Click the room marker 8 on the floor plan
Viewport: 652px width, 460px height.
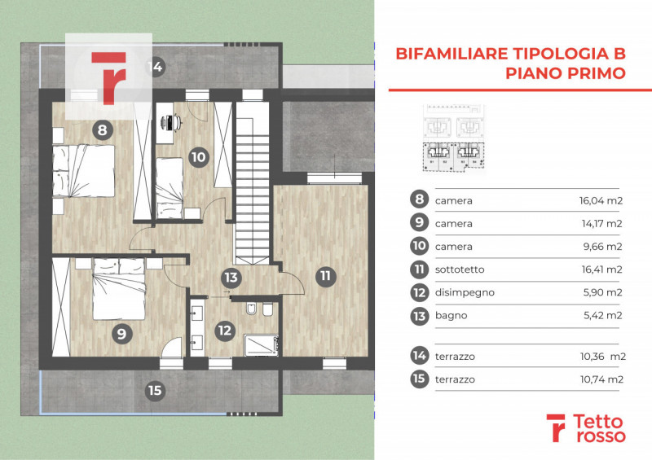101,129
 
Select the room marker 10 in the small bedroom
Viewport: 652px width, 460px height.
198,157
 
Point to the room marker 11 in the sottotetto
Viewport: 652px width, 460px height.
325,276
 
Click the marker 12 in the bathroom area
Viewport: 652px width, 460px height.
224,331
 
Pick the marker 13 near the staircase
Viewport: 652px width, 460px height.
232,278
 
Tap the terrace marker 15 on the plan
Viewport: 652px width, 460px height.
154,390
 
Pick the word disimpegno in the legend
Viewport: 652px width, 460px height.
465,292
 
